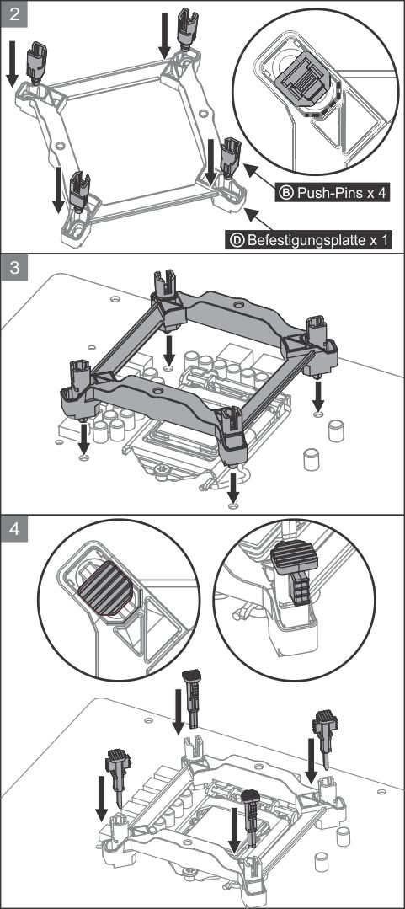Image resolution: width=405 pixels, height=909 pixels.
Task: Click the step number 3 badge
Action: point(14,268)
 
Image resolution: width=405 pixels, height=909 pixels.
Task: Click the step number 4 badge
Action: point(14,529)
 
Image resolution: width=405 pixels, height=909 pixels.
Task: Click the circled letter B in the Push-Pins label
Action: point(286,193)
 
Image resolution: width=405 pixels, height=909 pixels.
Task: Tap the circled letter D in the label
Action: point(237,240)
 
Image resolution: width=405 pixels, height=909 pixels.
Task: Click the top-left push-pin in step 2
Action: point(36,61)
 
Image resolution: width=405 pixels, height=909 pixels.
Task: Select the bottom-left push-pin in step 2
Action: point(79,190)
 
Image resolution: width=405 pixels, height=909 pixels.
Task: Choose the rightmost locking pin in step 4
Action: point(324,736)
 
